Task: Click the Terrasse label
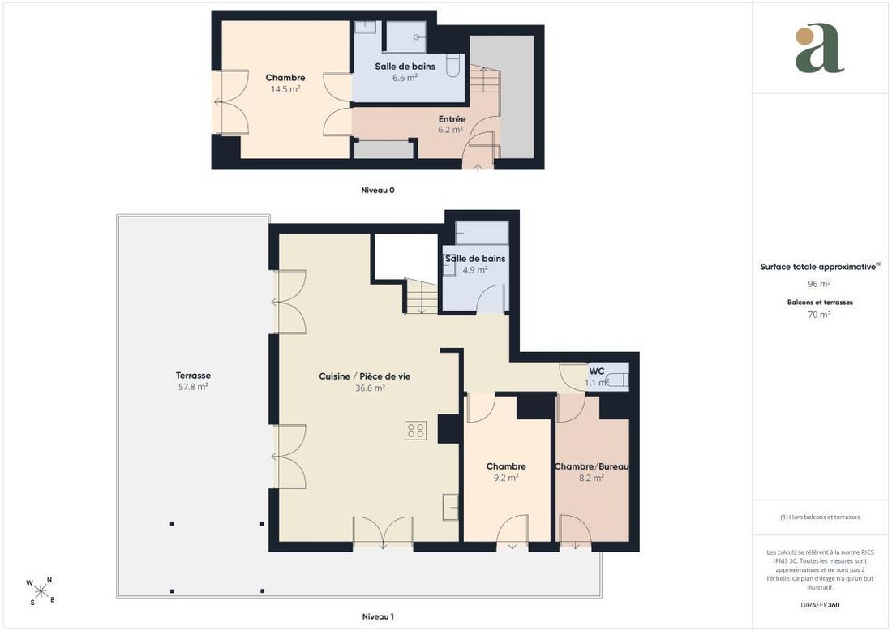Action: click(193, 376)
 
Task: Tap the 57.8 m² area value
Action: click(193, 387)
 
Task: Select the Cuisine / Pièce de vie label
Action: click(365, 376)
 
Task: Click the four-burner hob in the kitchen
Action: click(416, 430)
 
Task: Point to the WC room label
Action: click(597, 371)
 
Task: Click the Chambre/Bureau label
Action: click(592, 466)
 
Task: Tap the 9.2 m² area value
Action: click(506, 478)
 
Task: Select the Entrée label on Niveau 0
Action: click(452, 119)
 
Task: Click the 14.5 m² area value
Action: click(285, 88)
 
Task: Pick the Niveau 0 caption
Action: click(378, 190)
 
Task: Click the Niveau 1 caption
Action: click(378, 616)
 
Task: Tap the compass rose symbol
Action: click(41, 591)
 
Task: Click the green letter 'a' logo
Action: click(819, 49)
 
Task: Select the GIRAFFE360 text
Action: click(820, 605)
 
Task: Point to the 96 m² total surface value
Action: click(819, 284)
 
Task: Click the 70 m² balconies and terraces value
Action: click(819, 315)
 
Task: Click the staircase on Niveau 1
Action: click(422, 296)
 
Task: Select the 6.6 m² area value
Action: click(405, 77)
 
